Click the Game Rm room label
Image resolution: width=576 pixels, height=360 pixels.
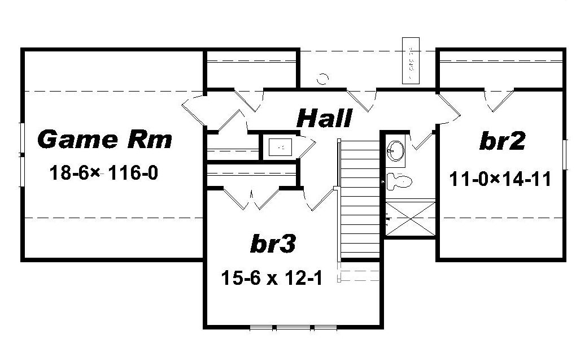point(104,139)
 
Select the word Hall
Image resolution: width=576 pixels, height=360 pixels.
point(324,119)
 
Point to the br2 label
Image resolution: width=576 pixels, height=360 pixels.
point(502,141)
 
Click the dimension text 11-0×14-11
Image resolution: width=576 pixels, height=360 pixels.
point(500,179)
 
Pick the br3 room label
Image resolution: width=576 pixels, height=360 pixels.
point(272,244)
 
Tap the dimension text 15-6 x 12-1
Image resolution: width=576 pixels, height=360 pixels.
point(272,278)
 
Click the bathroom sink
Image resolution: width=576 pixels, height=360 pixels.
point(396,150)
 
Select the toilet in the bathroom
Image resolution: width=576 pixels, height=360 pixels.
point(401,181)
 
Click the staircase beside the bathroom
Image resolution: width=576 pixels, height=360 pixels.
point(360,201)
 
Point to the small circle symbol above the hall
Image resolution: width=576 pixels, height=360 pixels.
point(322,79)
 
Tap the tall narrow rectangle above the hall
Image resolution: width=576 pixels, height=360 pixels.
point(411,60)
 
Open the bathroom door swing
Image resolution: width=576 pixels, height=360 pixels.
point(421,140)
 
